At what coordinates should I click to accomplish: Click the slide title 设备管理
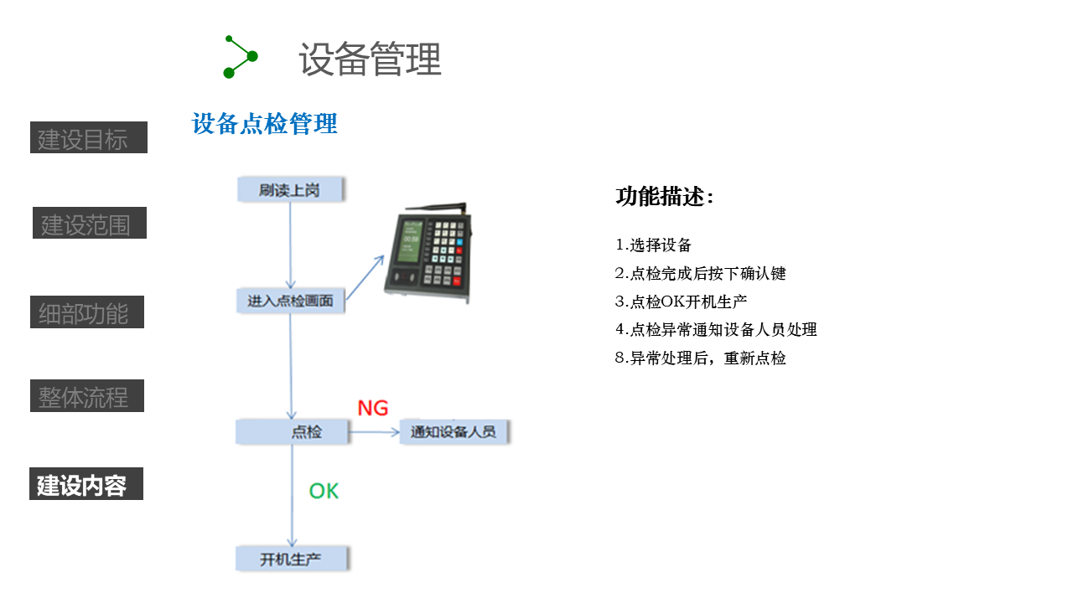pos(370,59)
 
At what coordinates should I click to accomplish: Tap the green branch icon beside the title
pos(240,57)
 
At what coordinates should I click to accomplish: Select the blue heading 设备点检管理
pos(264,124)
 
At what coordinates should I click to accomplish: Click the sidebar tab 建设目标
pos(89,138)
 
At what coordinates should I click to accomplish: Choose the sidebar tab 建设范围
pos(90,224)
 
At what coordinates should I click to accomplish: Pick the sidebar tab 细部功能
pos(87,312)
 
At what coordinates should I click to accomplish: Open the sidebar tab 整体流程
pos(87,395)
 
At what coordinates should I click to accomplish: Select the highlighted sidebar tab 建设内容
pos(86,484)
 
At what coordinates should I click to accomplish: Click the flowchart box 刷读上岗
pos(290,189)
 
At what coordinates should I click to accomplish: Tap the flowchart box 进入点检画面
pos(290,301)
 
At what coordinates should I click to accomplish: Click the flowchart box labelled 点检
pos(292,432)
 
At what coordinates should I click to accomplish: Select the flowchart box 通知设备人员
pos(454,432)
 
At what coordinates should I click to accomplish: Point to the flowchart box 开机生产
pos(291,559)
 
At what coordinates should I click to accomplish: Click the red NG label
pos(373,408)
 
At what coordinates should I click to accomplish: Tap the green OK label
pos(324,491)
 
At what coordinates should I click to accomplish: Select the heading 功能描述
pos(665,197)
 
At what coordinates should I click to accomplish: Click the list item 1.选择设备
pos(654,245)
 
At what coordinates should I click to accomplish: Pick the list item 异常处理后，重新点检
pos(701,358)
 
